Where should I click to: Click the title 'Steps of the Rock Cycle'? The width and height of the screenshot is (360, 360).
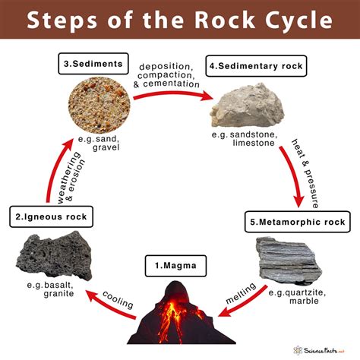click(180, 19)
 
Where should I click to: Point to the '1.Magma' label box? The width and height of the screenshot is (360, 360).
click(179, 266)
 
